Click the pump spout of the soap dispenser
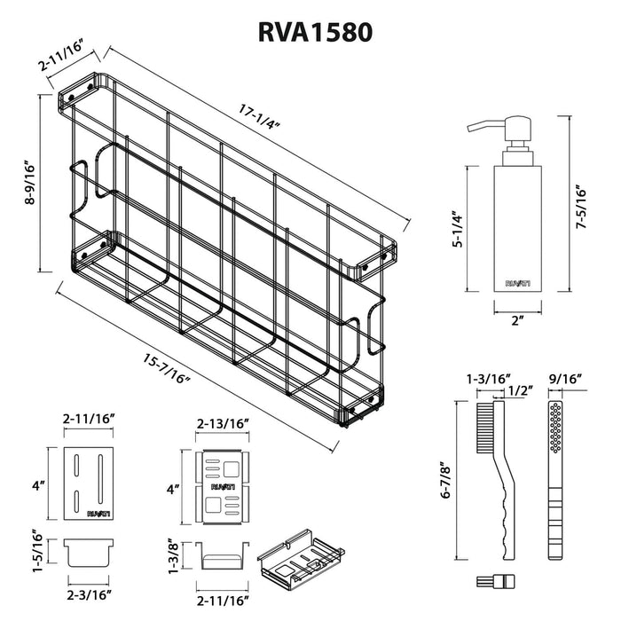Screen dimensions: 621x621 click(x=479, y=126)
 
